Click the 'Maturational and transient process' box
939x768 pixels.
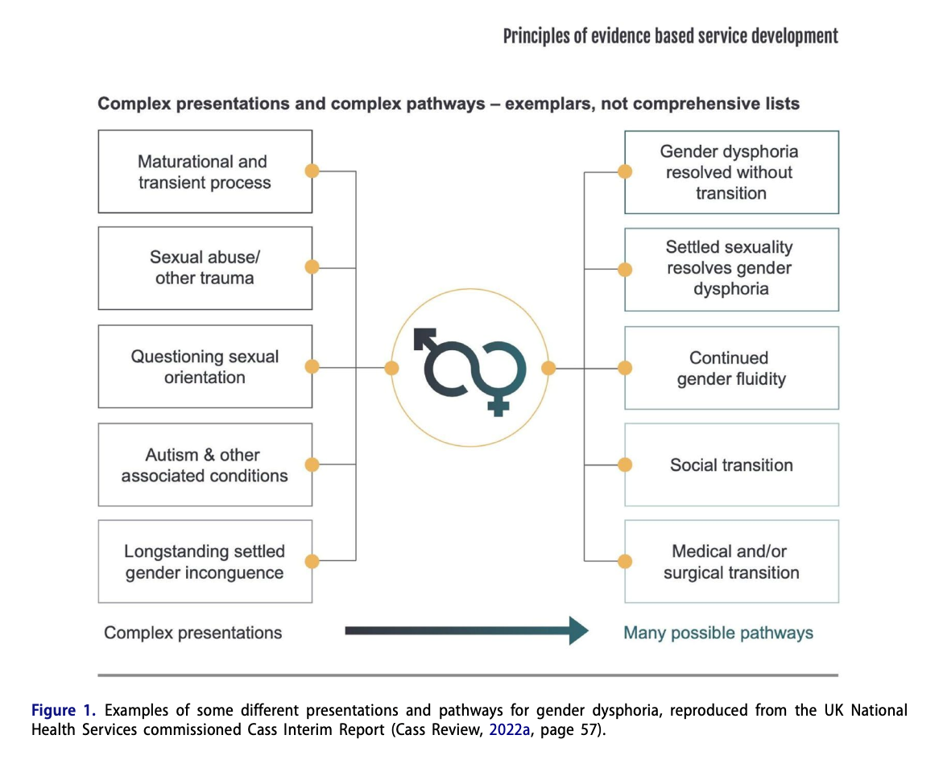(205, 171)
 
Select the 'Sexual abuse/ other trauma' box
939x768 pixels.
(205, 267)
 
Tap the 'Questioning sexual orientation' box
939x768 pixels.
(205, 366)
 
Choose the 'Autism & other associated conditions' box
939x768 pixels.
(205, 465)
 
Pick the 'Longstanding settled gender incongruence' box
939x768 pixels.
(205, 561)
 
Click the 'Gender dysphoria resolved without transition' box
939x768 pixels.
(731, 172)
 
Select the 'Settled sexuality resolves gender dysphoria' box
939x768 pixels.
(731, 270)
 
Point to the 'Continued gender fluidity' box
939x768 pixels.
(731, 368)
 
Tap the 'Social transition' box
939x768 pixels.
(731, 465)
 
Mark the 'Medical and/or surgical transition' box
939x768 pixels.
(731, 561)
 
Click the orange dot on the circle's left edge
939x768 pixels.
(391, 368)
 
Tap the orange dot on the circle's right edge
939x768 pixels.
(548, 368)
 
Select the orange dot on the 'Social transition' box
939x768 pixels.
(625, 465)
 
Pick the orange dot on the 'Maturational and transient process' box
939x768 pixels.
(312, 171)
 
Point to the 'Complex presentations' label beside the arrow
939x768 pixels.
(192, 633)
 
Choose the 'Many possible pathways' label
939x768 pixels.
(718, 633)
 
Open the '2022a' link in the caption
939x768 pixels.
(509, 729)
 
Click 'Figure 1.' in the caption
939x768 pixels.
(64, 710)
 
